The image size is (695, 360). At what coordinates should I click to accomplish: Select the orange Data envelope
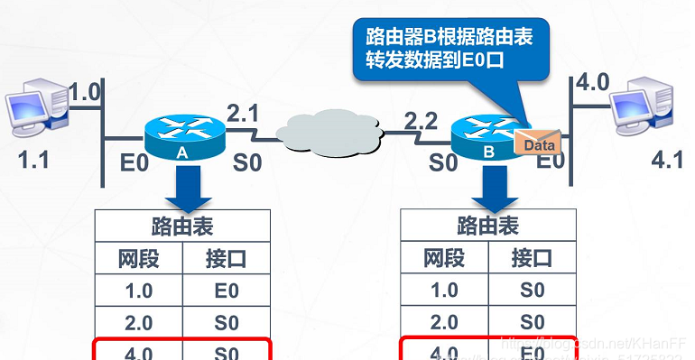(537, 142)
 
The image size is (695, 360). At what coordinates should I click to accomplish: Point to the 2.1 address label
(243, 114)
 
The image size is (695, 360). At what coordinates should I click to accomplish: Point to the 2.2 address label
(422, 119)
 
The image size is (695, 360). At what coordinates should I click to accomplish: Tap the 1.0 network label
(85, 91)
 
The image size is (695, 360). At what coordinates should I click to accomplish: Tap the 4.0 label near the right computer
(592, 84)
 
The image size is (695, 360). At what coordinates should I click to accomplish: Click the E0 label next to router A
(134, 163)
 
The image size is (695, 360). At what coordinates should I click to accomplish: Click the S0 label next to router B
(443, 163)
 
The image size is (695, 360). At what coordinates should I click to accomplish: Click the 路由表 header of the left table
(182, 226)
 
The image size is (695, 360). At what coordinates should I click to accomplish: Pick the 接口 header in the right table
(531, 258)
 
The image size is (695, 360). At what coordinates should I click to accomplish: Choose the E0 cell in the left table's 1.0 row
(227, 291)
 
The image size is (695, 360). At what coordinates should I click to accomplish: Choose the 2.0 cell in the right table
(445, 321)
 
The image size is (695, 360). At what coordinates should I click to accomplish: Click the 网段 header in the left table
(139, 259)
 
